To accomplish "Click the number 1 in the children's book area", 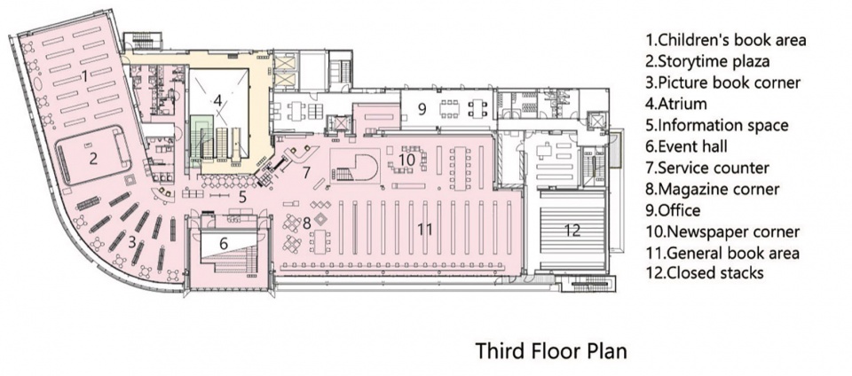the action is tap(84, 76).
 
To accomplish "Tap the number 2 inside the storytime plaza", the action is tap(93, 159).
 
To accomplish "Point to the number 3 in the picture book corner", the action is tap(132, 242).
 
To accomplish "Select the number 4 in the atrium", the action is tap(217, 100).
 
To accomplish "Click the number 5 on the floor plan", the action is tap(242, 197).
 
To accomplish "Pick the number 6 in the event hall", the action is tap(224, 244).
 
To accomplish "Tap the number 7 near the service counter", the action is tap(306, 173).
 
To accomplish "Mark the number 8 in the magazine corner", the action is tap(306, 223).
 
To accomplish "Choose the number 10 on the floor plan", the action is tap(407, 160).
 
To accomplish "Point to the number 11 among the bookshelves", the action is tap(424, 230).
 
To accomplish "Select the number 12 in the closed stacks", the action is tap(572, 230).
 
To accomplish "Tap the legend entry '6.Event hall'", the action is tap(686, 146).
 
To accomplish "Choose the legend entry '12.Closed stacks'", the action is tap(706, 272).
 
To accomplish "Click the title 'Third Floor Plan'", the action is tap(551, 350).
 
